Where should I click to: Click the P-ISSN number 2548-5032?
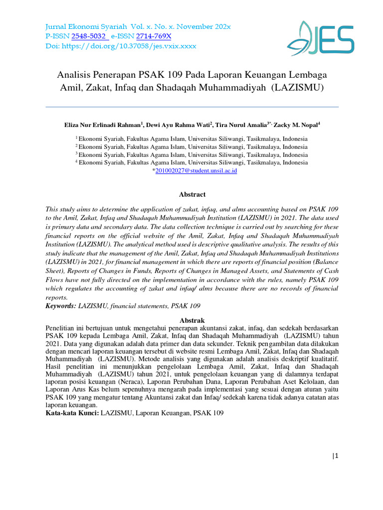click(x=89, y=36)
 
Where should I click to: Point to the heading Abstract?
click(x=192, y=195)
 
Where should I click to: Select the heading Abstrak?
click(x=192, y=320)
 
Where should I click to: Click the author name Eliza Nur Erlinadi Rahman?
click(x=103, y=125)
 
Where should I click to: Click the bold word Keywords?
click(x=61, y=305)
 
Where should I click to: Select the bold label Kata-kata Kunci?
click(x=72, y=413)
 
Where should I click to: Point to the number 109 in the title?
click(x=175, y=75)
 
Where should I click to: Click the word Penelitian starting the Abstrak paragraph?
click(x=62, y=329)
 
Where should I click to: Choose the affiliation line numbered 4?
click(x=192, y=162)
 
